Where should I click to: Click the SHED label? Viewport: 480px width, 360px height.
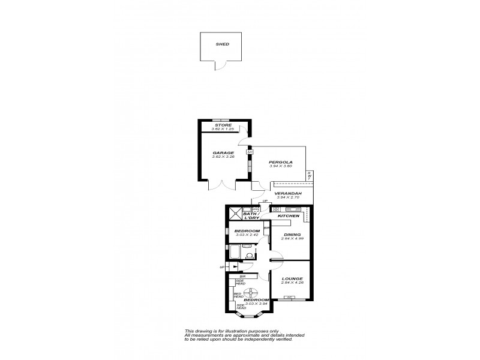(x=223, y=44)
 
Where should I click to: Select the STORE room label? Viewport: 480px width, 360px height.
(x=223, y=125)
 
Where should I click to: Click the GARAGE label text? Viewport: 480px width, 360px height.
(x=223, y=153)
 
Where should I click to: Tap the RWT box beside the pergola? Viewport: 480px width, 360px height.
(x=309, y=175)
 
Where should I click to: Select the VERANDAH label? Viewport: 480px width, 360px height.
(x=287, y=193)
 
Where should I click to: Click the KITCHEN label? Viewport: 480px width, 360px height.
(x=288, y=215)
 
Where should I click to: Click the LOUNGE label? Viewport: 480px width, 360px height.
(x=292, y=278)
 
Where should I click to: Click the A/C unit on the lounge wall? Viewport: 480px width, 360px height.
(x=291, y=298)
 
